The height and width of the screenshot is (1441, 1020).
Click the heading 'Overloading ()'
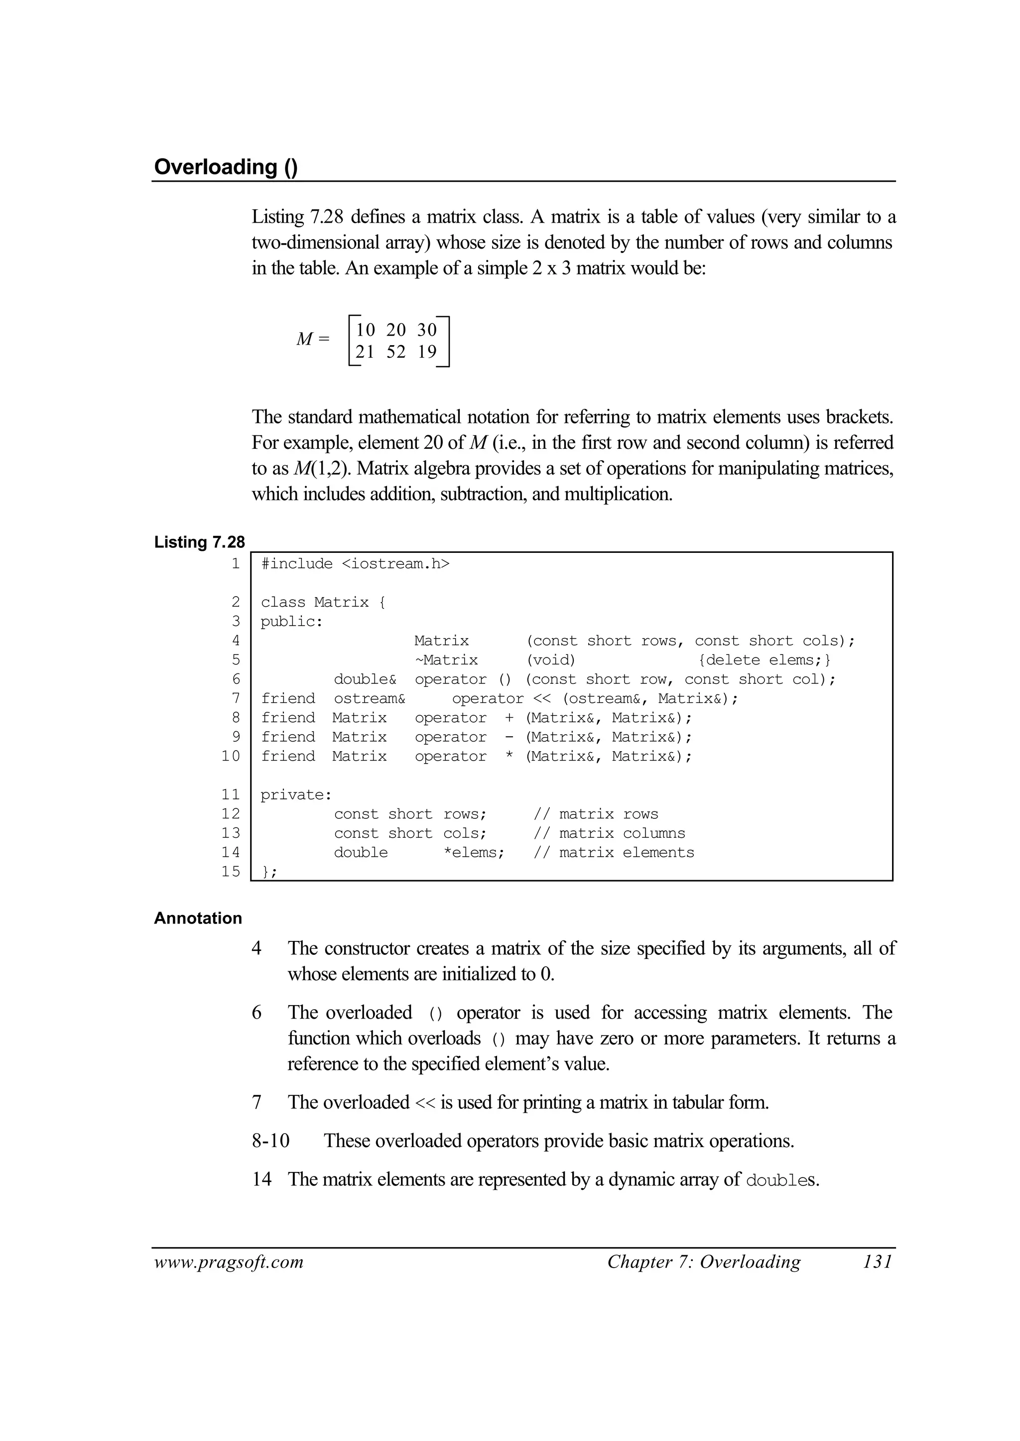pos(226,167)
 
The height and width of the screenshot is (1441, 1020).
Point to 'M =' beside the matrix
pos(312,339)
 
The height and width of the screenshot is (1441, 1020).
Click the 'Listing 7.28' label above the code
pos(199,542)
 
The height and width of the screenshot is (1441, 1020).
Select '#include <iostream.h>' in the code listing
pos(355,563)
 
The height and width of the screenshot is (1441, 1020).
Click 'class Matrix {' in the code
pos(323,602)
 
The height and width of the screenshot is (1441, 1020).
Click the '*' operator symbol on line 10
pos(509,756)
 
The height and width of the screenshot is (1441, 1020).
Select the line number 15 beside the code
pos(231,871)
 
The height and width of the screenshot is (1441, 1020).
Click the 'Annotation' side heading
pos(198,918)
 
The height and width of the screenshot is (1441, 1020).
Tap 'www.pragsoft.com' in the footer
pos(229,1262)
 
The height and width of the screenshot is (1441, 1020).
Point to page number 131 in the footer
pos(877,1262)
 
